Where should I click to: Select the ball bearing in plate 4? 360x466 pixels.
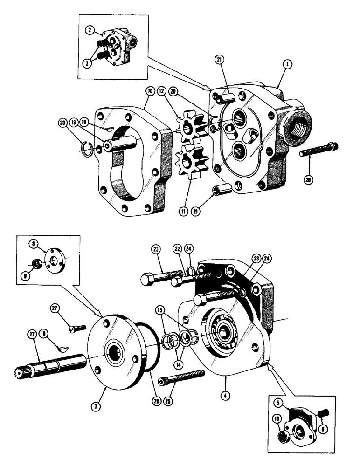[226, 331]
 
